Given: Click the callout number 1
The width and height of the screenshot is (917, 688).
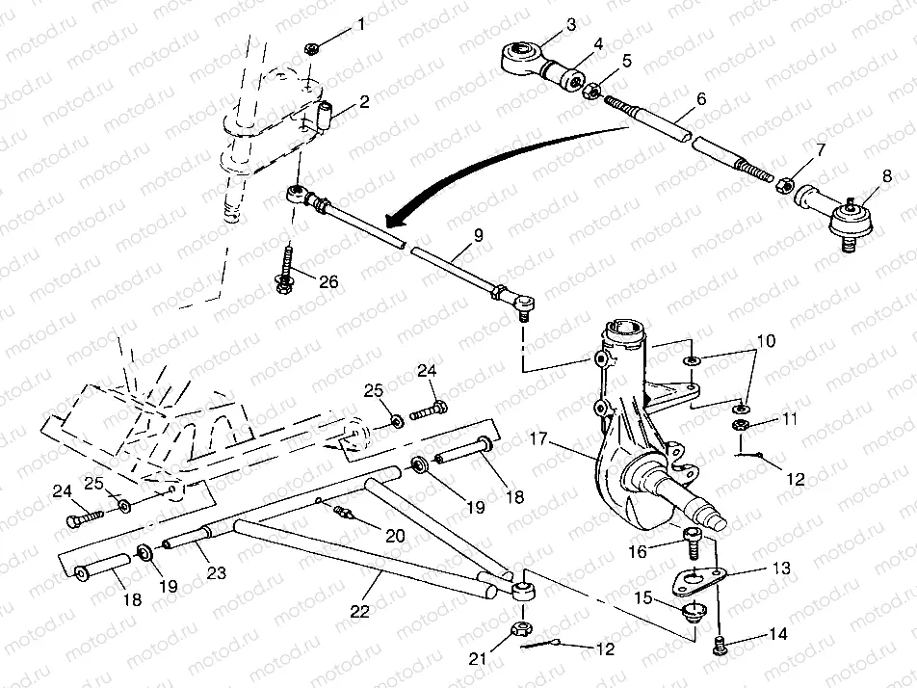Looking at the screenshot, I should (x=362, y=24).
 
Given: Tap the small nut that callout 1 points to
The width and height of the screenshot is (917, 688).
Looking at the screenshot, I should (x=311, y=47).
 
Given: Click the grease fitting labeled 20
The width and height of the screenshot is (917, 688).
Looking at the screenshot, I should (x=343, y=512).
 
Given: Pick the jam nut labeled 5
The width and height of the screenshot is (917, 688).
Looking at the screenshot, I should (x=594, y=91).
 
